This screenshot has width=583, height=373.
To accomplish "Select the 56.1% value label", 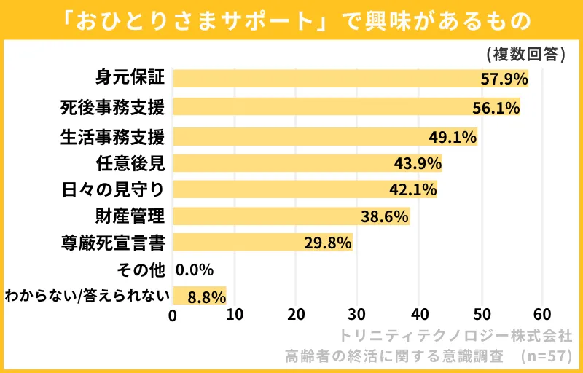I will tap(496, 108).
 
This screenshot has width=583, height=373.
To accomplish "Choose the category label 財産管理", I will tap(130, 216).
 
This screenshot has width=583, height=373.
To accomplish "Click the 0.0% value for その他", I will tap(195, 270).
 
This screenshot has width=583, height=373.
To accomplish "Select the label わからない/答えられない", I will tap(87, 295).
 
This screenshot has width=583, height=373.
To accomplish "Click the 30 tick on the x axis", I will tap(357, 315).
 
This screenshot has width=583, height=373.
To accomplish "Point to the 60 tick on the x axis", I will tap(541, 315).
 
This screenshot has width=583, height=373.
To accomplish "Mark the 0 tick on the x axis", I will tap(173, 315).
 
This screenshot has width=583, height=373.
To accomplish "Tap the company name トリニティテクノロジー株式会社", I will tap(456, 337).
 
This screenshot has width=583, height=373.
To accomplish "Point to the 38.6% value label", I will tap(384, 216).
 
